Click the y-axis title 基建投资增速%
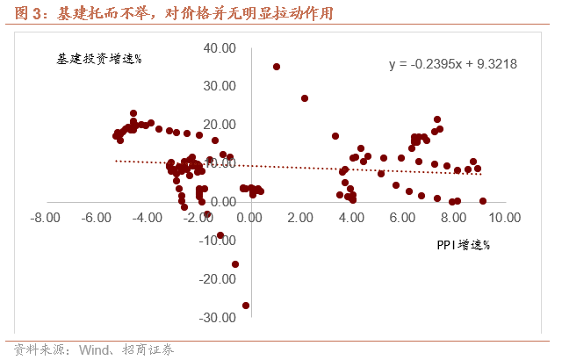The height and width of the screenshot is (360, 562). [x=97, y=60]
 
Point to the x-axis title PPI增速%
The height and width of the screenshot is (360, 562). [x=462, y=245]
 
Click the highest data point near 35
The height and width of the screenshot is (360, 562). [x=277, y=67]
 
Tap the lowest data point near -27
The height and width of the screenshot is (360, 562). [x=246, y=306]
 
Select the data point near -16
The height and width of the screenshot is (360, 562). [x=235, y=264]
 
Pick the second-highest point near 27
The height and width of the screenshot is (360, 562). [x=305, y=98]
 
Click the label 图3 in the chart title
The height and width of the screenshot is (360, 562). [x=22, y=14]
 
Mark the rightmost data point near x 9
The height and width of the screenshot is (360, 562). [x=483, y=201]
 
